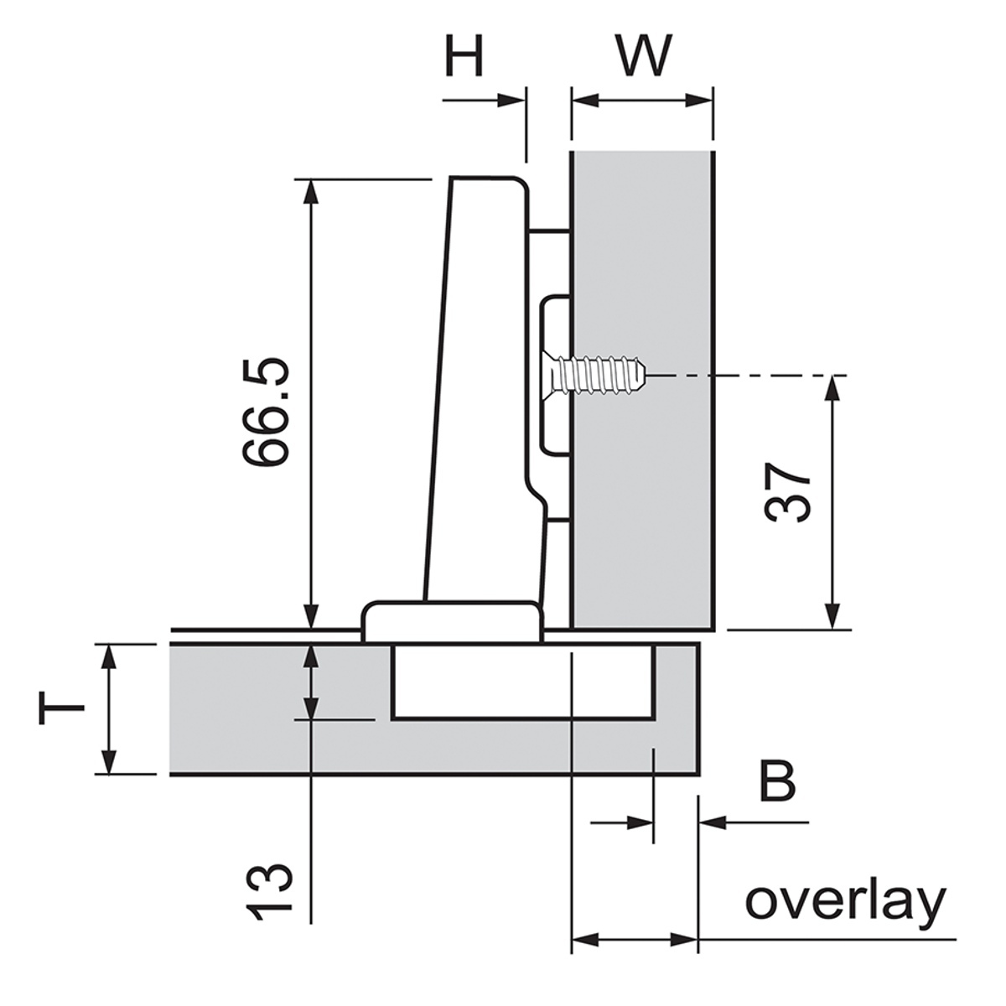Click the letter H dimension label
[x=464, y=57]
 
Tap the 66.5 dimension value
[x=267, y=411]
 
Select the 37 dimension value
[x=788, y=492]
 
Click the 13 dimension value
[x=270, y=891]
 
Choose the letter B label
[x=776, y=781]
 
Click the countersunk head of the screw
[x=553, y=375]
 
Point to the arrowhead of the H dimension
[x=511, y=100]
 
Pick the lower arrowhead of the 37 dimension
[x=832, y=616]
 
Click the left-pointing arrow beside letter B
[x=713, y=822]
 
